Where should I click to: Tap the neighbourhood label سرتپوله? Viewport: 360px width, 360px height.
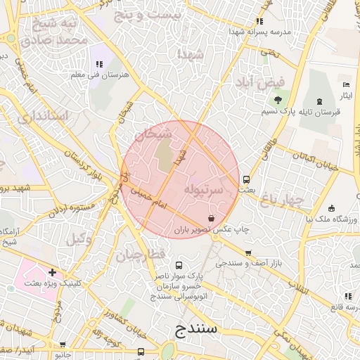click(x=204, y=190)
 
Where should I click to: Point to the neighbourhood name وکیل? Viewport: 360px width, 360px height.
click(x=79, y=239)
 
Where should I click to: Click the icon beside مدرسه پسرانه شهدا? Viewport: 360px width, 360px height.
click(x=260, y=22)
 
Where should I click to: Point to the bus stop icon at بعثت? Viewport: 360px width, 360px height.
click(x=246, y=179)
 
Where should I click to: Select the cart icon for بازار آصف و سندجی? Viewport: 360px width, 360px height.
click(x=247, y=253)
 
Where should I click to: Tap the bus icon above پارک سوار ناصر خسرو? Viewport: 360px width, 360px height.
click(x=179, y=266)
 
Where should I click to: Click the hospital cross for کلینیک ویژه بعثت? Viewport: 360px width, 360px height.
click(x=51, y=272)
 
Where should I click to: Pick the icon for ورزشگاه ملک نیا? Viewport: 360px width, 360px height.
click(x=331, y=208)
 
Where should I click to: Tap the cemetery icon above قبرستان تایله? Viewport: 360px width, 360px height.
click(x=320, y=102)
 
